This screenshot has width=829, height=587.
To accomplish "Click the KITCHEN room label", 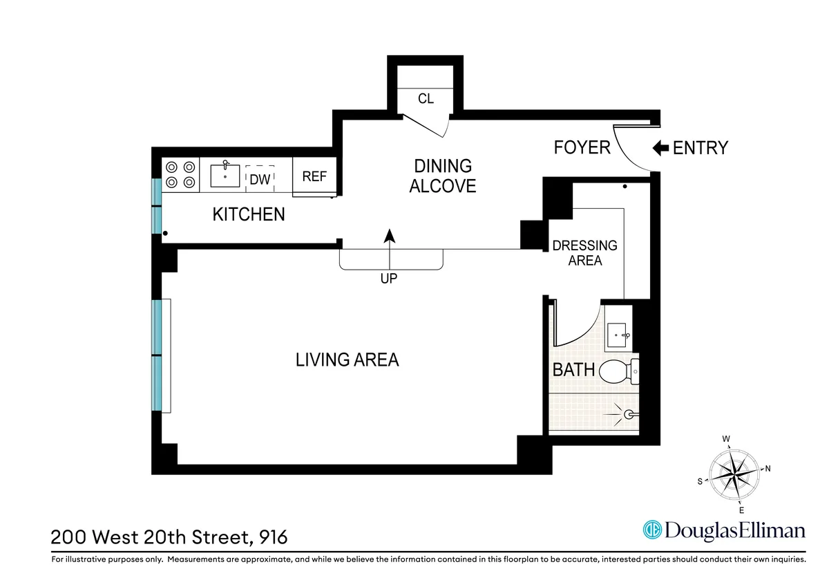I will pyautogui.click(x=248, y=214).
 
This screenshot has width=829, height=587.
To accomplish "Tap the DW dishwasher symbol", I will pyautogui.click(x=260, y=178).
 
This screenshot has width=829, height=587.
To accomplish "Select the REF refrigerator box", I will pyautogui.click(x=314, y=176).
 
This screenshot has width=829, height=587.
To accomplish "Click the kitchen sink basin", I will pyautogui.click(x=225, y=176).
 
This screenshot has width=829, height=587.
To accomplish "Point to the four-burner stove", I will pyautogui.click(x=180, y=175).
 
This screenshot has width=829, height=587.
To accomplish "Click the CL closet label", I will pyautogui.click(x=426, y=99).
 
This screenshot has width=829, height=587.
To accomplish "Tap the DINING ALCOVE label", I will pyautogui.click(x=443, y=176).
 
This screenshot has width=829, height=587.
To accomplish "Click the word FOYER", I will pyautogui.click(x=582, y=147).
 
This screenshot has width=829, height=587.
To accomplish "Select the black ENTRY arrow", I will pyautogui.click(x=660, y=147).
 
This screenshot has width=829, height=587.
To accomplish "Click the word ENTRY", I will pyautogui.click(x=700, y=147).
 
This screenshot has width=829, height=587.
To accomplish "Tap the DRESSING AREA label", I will pyautogui.click(x=584, y=253).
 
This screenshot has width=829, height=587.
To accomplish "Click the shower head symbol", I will pyautogui.click(x=627, y=414).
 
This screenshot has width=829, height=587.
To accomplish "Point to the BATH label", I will pyautogui.click(x=573, y=370).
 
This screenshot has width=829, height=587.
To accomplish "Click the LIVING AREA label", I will pyautogui.click(x=347, y=360).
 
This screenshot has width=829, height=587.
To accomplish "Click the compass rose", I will pyautogui.click(x=734, y=474).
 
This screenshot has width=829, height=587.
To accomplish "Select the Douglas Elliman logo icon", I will pyautogui.click(x=652, y=530).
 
